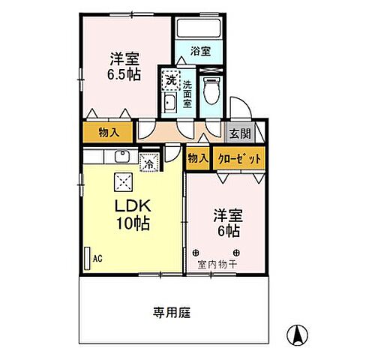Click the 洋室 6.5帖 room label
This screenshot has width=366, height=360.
pyautogui.click(x=121, y=64)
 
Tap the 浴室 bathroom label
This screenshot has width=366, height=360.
pyautogui.click(x=199, y=52)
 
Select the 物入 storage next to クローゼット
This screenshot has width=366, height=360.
pyautogui.click(x=197, y=158)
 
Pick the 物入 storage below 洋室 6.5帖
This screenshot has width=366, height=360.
pyautogui.click(x=108, y=133)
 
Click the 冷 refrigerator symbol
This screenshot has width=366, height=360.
pyautogui.click(x=149, y=160)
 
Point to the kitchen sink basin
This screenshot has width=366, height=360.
pyautogui.click(x=121, y=157)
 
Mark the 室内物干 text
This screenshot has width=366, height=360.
pyautogui.click(x=217, y=264)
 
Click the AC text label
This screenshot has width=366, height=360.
pyautogui.click(x=97, y=260)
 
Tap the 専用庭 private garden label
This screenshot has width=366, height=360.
pyautogui.click(x=172, y=312)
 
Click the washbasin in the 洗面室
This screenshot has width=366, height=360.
pyautogui.click(x=169, y=103)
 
